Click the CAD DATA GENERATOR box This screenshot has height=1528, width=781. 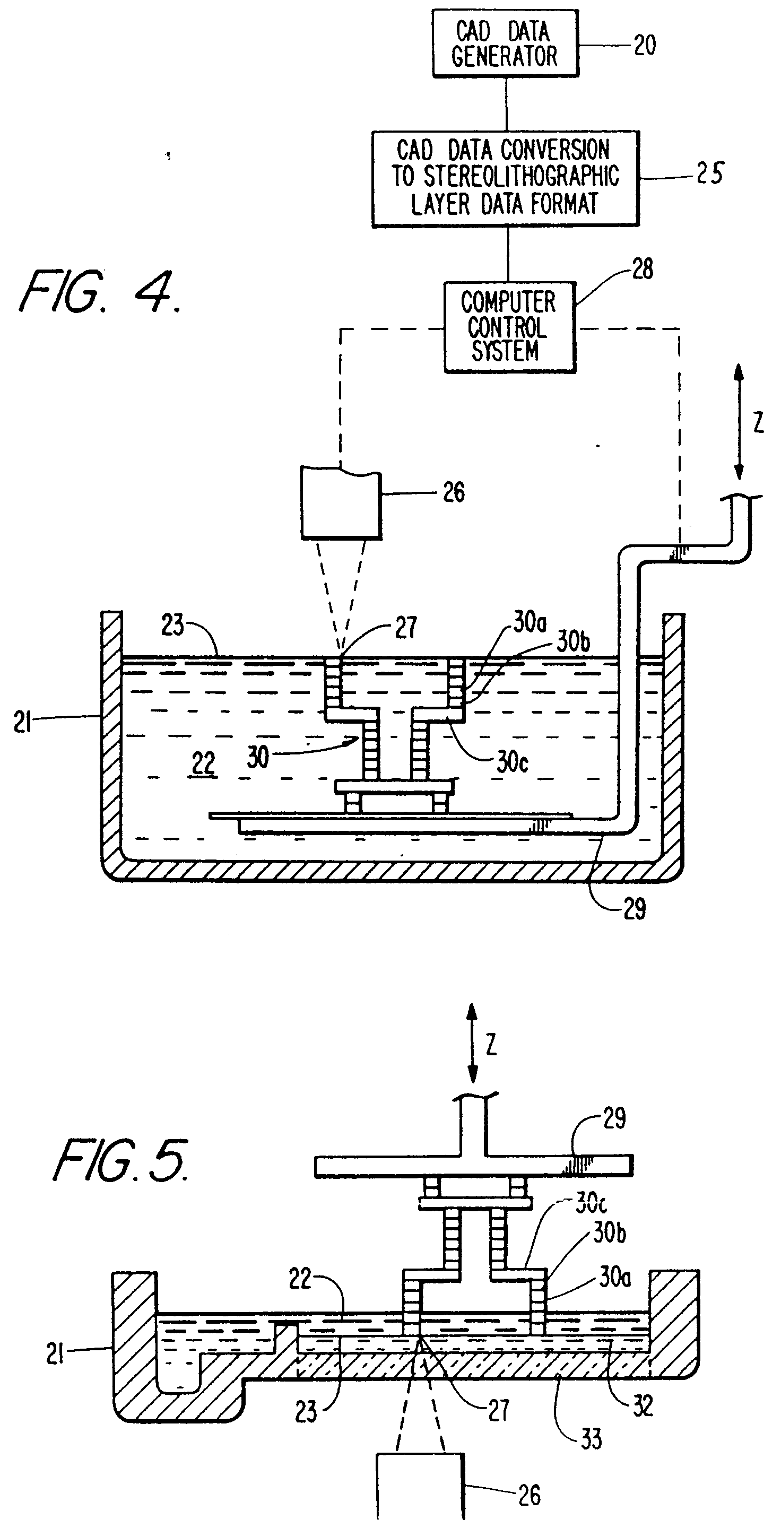click(x=505, y=44)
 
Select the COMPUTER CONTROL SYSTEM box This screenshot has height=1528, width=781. click(x=510, y=327)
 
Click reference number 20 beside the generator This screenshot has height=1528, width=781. click(x=645, y=45)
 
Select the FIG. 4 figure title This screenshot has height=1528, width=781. click(x=100, y=291)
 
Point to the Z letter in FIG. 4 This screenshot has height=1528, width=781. click(x=759, y=422)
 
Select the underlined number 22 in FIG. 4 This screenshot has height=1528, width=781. click(x=203, y=764)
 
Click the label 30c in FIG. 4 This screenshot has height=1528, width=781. click(x=513, y=762)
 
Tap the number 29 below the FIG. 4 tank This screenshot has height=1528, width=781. click(x=635, y=908)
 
